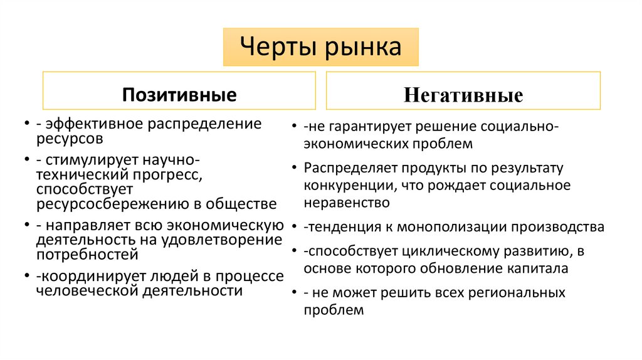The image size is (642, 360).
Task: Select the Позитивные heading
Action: pyautogui.click(x=179, y=95)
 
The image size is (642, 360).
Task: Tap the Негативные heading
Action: pyautogui.click(x=463, y=95)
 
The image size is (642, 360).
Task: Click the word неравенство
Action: pyautogui.click(x=347, y=203)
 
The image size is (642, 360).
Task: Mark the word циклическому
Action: pyautogui.click(x=457, y=251)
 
